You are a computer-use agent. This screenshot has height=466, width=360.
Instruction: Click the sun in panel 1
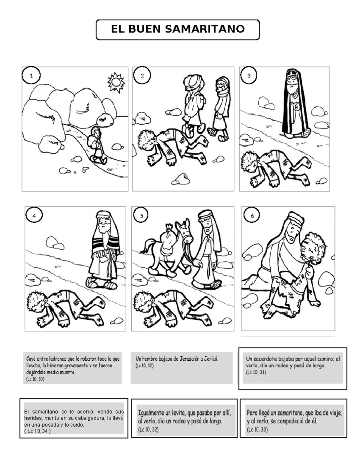click(x=116, y=82)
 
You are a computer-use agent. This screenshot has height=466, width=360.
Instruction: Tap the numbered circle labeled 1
click(x=31, y=76)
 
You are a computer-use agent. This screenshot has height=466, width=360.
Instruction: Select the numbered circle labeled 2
click(x=142, y=76)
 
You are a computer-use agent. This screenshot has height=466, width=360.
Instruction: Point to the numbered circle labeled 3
click(x=249, y=76)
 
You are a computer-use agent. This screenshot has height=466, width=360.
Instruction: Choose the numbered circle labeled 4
click(x=34, y=215)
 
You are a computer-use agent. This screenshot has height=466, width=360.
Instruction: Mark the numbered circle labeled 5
click(x=141, y=215)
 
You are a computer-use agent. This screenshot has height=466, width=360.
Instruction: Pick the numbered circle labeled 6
click(x=252, y=215)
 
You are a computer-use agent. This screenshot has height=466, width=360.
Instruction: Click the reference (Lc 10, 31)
click(x=256, y=372)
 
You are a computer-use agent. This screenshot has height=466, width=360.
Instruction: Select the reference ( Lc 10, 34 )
click(x=37, y=431)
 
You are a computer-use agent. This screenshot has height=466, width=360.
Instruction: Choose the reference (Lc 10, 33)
click(x=257, y=430)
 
